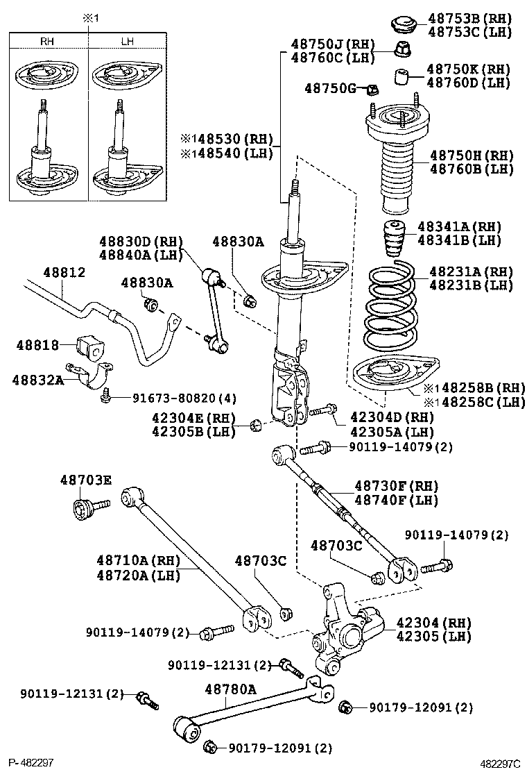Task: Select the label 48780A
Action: [230, 689]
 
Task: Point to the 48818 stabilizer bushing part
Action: [89, 346]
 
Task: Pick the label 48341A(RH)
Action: [459, 227]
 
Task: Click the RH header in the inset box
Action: [47, 42]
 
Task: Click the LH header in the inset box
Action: [127, 42]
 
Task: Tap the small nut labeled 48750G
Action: [371, 88]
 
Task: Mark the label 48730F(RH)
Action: [397, 486]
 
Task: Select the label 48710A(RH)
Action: [138, 561]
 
